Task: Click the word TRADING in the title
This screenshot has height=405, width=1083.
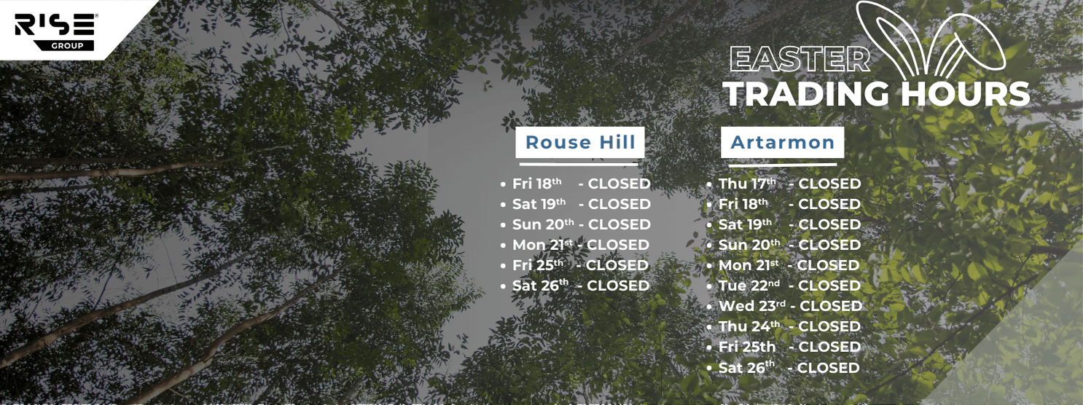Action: point(809,93)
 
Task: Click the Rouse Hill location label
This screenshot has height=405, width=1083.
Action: point(580,142)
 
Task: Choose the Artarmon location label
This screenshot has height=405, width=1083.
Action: point(782,142)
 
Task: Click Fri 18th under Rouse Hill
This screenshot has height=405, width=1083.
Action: point(536,184)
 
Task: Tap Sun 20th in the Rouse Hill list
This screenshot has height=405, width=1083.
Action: point(543,224)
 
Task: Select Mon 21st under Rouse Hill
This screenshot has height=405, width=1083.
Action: point(542,245)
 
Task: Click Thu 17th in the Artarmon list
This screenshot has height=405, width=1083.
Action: point(747,184)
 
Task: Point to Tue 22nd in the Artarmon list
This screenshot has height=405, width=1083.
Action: point(749,285)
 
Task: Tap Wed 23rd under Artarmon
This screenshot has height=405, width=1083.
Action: point(752,306)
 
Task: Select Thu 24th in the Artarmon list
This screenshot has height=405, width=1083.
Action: point(749,326)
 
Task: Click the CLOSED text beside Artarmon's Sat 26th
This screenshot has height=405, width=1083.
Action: point(828,368)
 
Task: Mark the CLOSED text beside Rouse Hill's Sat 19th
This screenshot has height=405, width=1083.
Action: point(619,204)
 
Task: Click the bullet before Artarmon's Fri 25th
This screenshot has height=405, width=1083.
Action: point(709,347)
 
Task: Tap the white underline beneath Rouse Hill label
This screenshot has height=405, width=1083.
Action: point(579,165)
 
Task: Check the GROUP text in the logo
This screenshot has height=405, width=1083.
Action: point(68,46)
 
